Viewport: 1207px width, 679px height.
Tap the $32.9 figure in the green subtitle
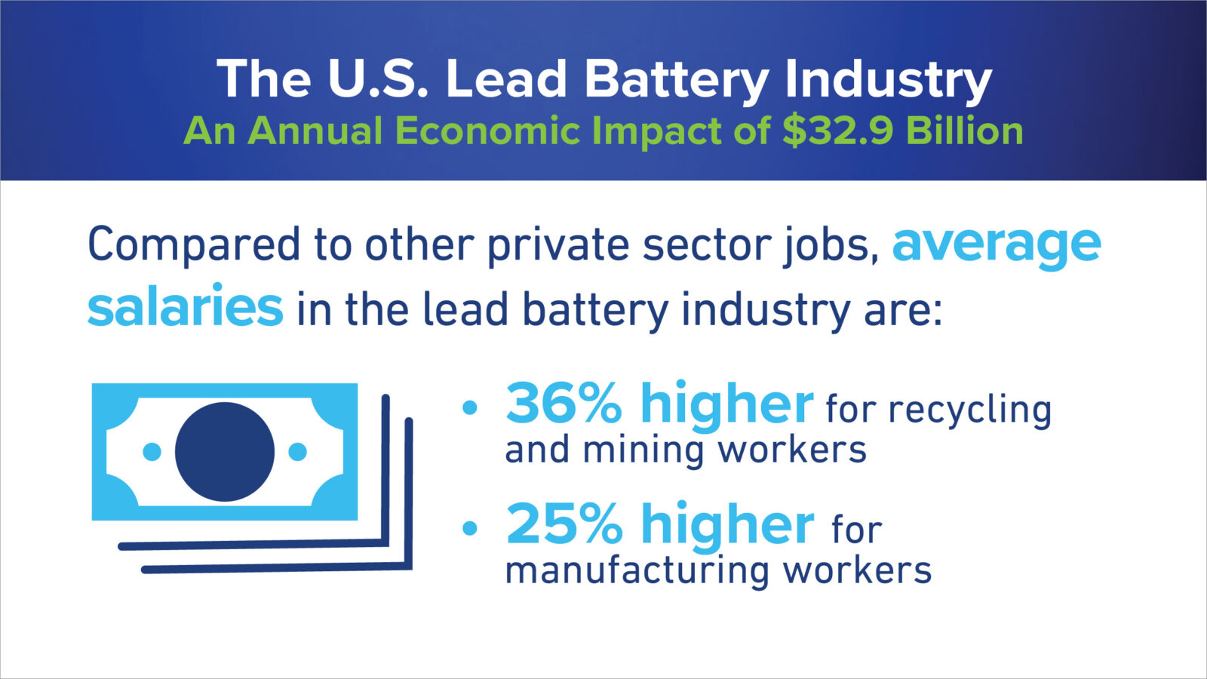pos(837,131)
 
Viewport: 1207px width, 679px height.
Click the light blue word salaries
pos(185,307)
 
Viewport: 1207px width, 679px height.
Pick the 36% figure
pos(564,404)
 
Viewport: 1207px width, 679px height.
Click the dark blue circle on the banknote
pos(225,452)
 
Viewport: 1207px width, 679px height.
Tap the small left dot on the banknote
pos(152,452)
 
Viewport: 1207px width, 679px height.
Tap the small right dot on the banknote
pos(298,452)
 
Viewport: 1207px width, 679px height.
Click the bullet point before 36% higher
pos(470,408)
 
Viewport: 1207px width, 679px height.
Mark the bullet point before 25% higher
pos(470,528)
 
